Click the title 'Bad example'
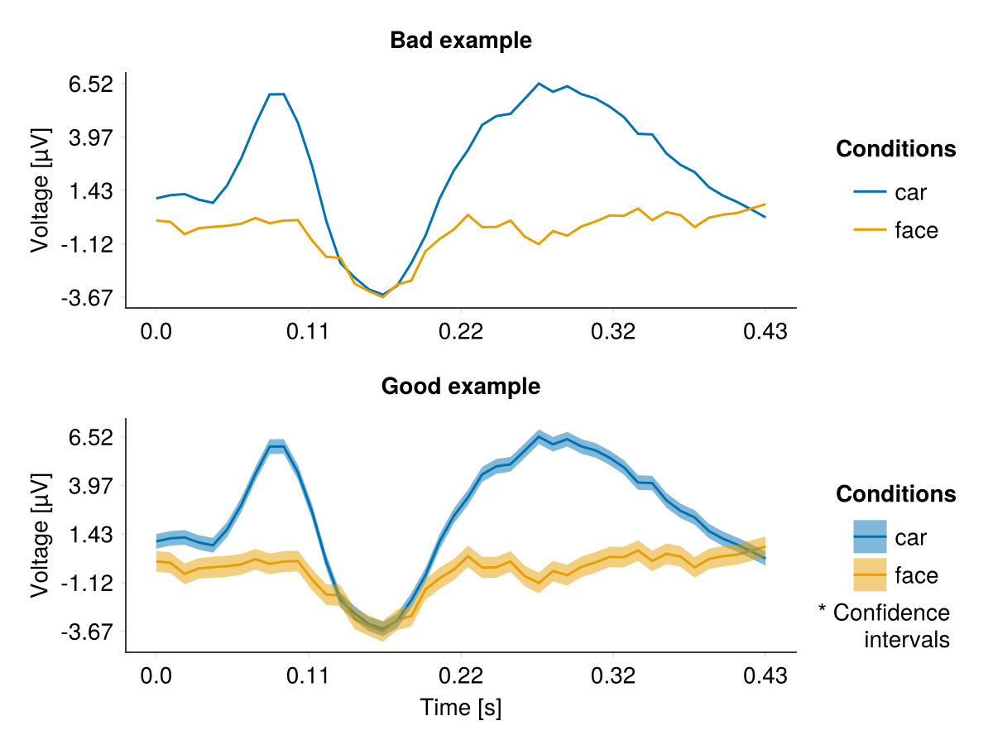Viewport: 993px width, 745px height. (x=461, y=41)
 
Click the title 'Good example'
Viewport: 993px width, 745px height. (x=461, y=386)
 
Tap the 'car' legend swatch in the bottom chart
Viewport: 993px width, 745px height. (x=870, y=537)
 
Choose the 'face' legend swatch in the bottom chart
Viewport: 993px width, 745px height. (x=870, y=575)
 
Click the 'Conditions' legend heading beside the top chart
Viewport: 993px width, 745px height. (x=896, y=149)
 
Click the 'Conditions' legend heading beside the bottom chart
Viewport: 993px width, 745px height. (x=896, y=494)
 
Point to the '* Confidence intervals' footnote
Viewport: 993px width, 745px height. (x=885, y=626)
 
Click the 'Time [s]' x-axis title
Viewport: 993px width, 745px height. (x=461, y=708)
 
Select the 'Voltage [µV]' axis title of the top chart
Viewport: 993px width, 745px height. (x=40, y=190)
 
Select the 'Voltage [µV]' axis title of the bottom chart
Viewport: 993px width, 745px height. (x=40, y=535)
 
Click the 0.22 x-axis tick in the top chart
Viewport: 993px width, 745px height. (x=461, y=333)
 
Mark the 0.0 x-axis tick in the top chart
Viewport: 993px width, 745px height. (x=156, y=333)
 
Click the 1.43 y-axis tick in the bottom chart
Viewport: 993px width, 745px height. (x=93, y=535)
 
